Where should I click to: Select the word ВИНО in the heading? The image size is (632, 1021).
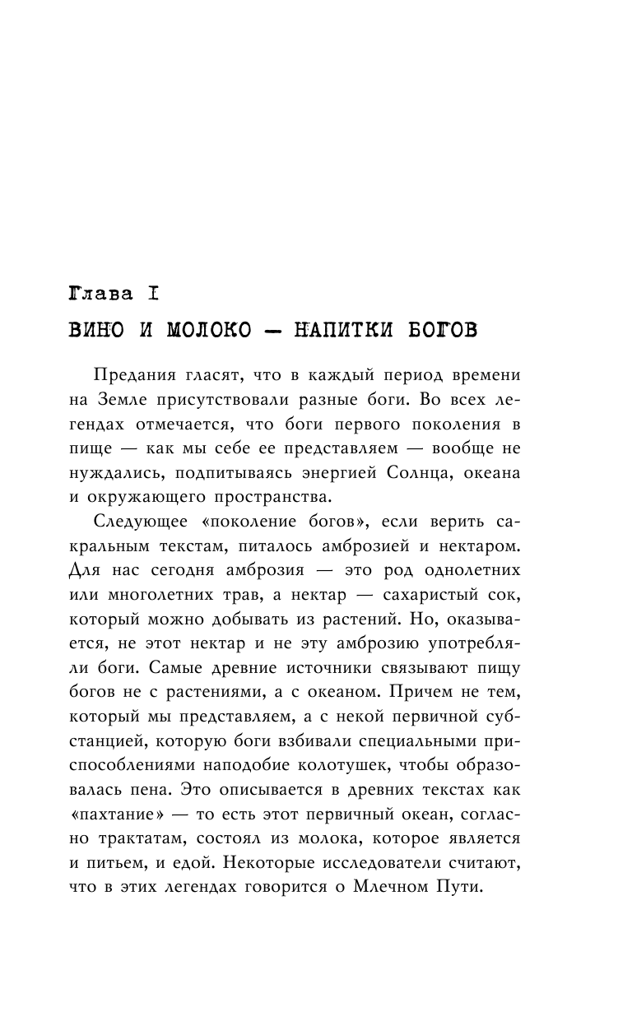pos(98,331)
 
